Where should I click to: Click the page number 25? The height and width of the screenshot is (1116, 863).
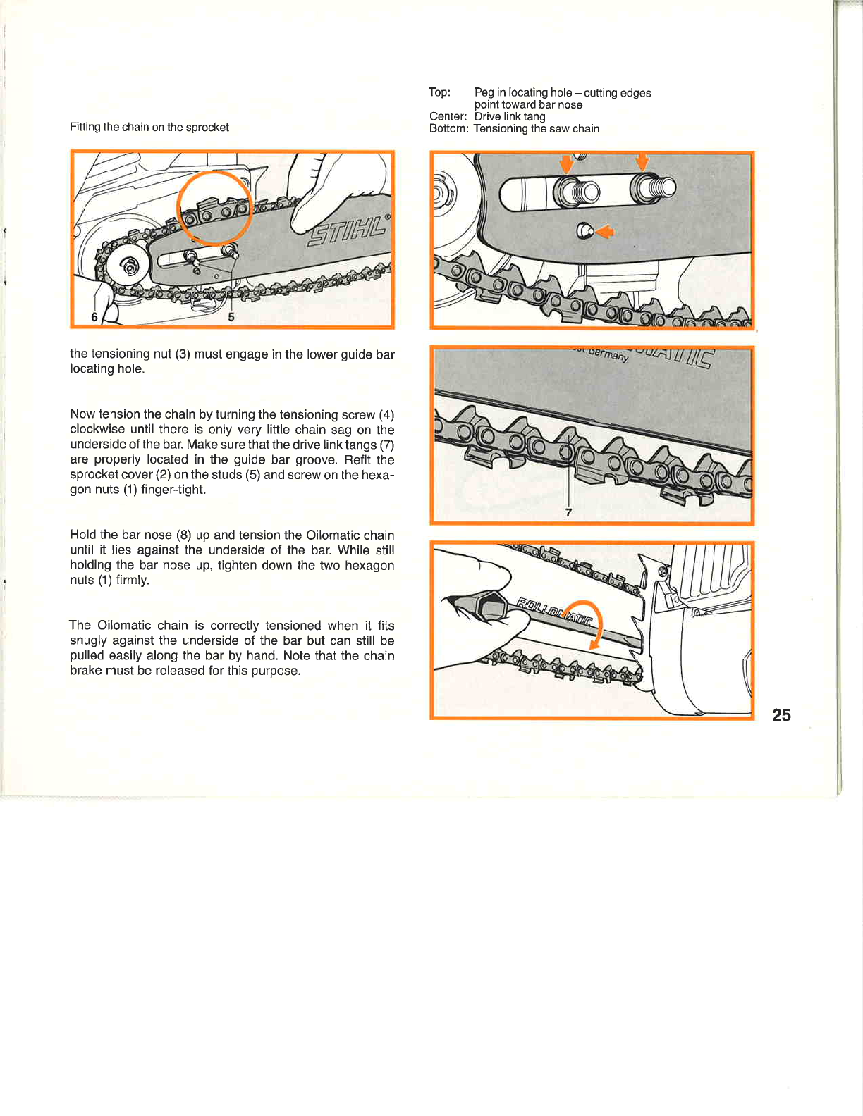[781, 715]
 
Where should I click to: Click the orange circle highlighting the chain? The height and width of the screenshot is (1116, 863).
[214, 208]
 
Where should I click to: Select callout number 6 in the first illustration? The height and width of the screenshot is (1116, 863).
[94, 317]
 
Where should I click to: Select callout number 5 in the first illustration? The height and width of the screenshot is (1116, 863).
[231, 317]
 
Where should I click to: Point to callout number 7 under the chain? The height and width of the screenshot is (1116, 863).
[568, 512]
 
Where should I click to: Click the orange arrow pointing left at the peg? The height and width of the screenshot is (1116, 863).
[604, 231]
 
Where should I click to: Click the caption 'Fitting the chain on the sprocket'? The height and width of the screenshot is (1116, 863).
[149, 127]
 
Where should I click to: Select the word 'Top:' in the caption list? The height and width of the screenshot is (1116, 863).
[439, 92]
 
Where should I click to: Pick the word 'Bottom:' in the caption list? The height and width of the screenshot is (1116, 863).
[448, 128]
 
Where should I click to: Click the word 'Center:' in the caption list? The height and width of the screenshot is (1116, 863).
[448, 116]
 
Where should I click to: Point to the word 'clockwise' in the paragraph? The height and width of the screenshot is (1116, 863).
[97, 430]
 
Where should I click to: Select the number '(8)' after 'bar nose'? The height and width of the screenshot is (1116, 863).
[183, 535]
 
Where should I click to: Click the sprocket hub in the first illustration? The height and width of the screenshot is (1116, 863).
[129, 266]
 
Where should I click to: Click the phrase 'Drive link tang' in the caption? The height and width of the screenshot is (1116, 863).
[510, 116]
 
